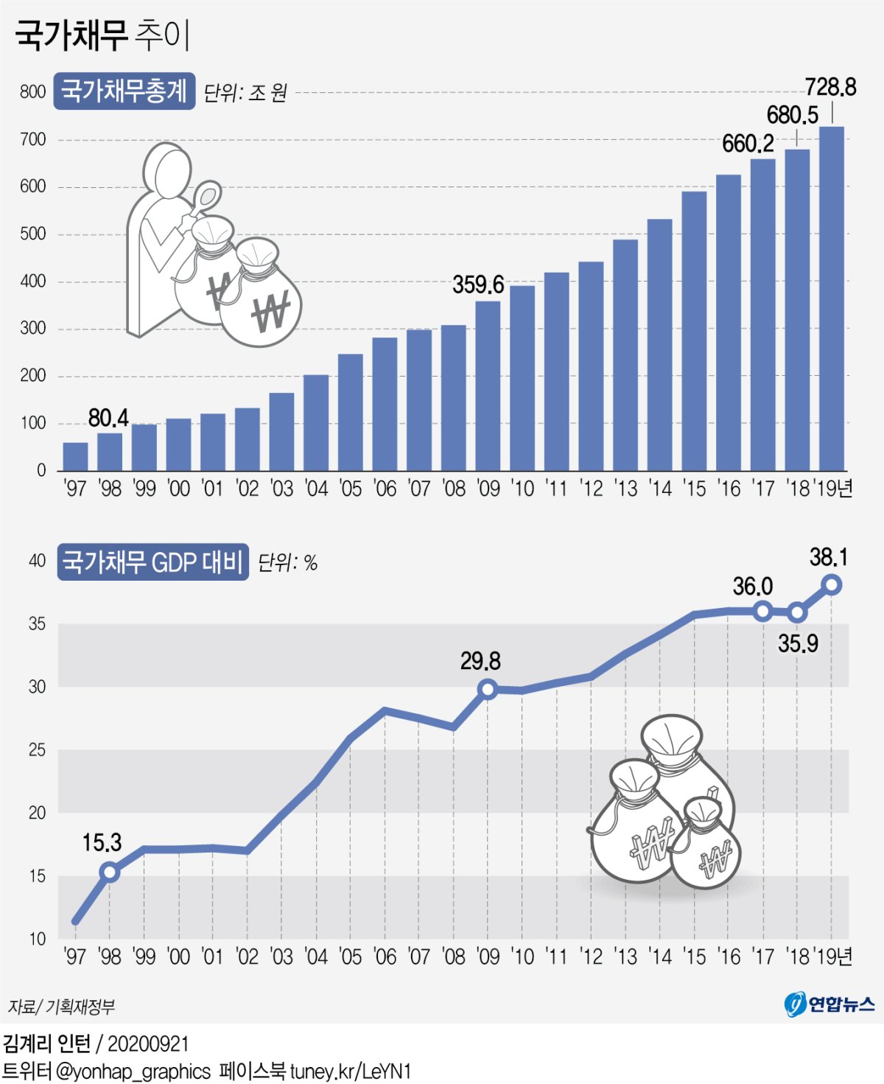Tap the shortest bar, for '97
[x=75, y=456]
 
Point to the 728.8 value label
[x=830, y=88]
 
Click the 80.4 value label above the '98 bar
[x=108, y=418]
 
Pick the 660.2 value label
[x=748, y=144]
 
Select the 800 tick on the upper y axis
[x=32, y=92]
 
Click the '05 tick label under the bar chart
[x=351, y=489]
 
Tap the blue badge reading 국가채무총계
[x=124, y=91]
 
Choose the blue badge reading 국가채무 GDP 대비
[x=152, y=562]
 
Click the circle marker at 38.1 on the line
[x=832, y=584]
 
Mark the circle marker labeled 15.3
[x=109, y=873]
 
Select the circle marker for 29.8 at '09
[x=487, y=690]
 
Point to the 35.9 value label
[x=798, y=643]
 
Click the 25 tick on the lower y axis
[x=37, y=750]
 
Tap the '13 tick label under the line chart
[x=625, y=957]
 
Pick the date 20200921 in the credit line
[x=148, y=1043]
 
